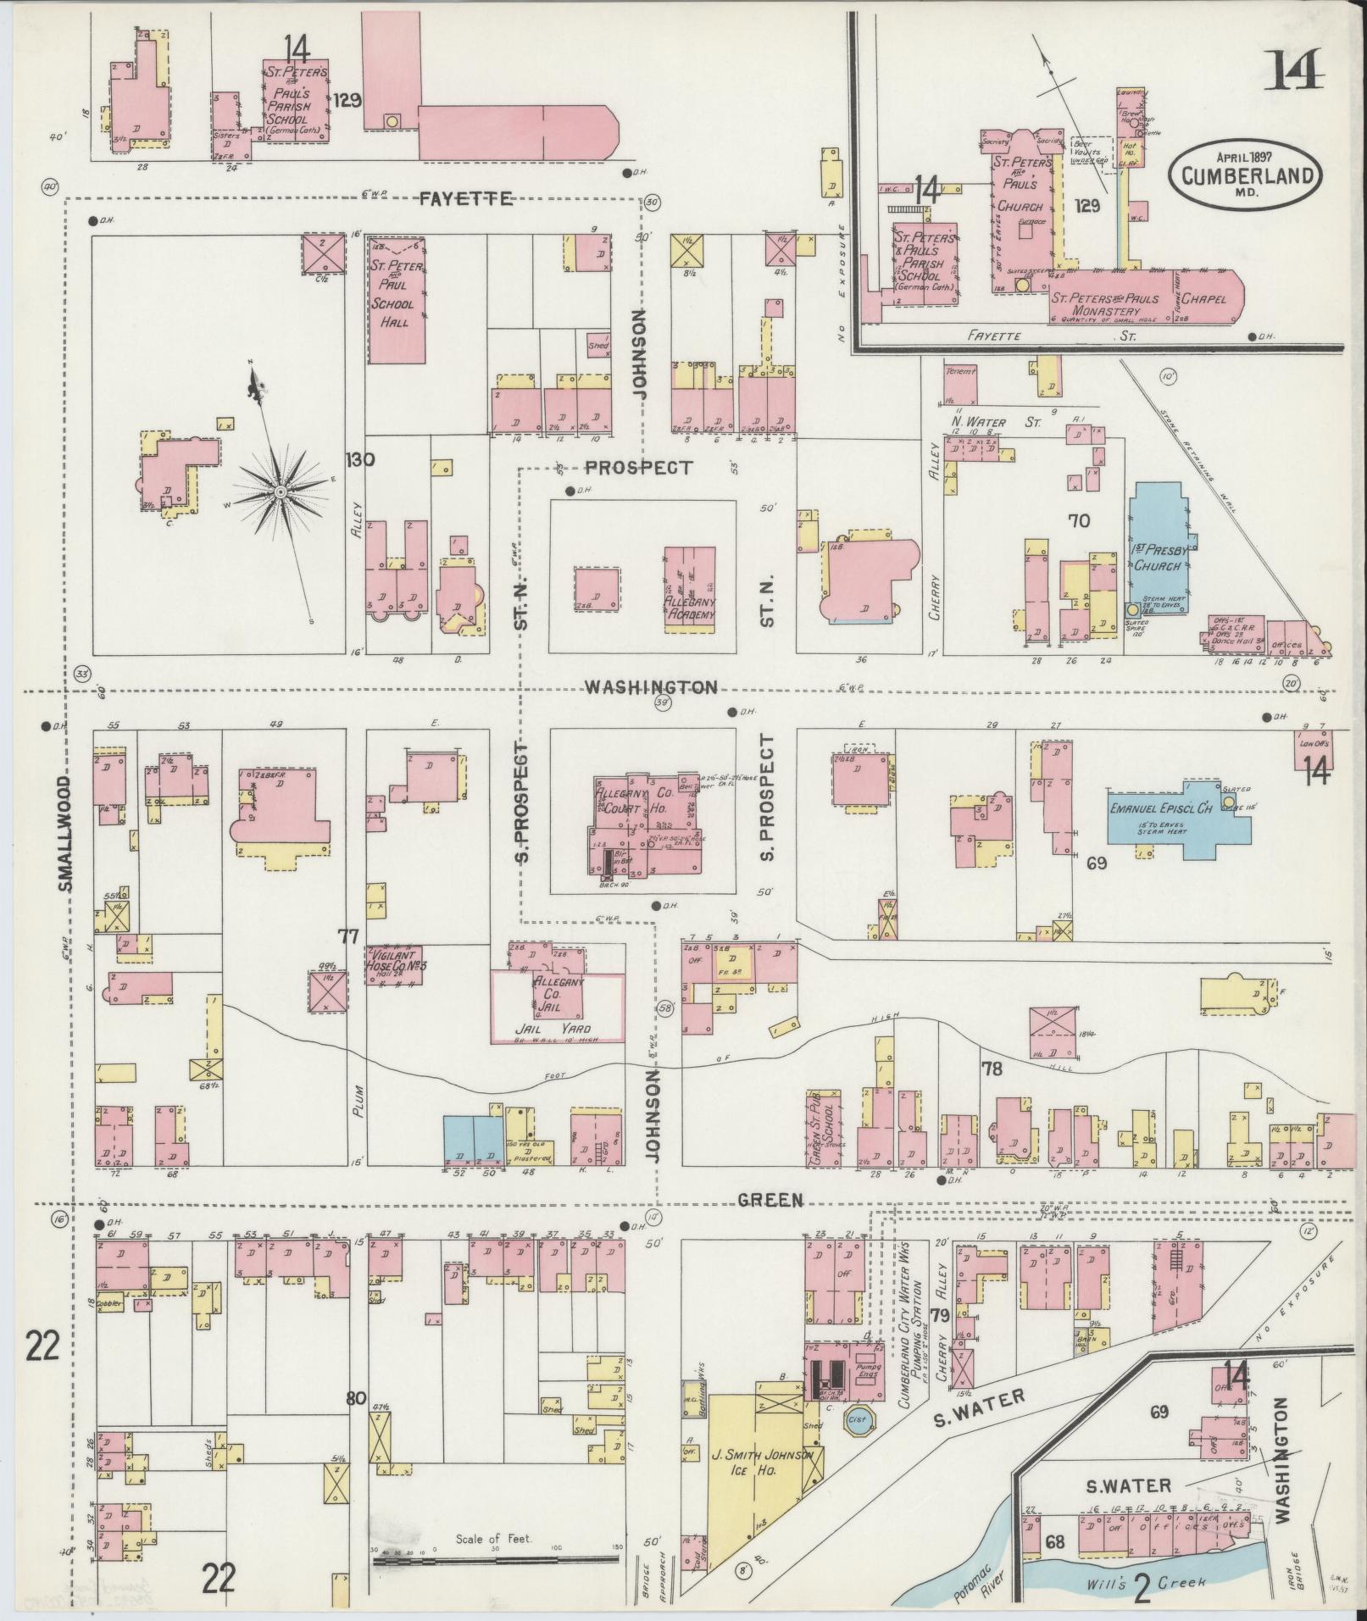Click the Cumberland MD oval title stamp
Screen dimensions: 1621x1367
tap(1245, 175)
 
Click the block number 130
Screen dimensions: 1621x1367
tap(360, 460)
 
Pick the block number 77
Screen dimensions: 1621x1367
tap(347, 935)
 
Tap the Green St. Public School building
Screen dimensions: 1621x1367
tap(825, 1131)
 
